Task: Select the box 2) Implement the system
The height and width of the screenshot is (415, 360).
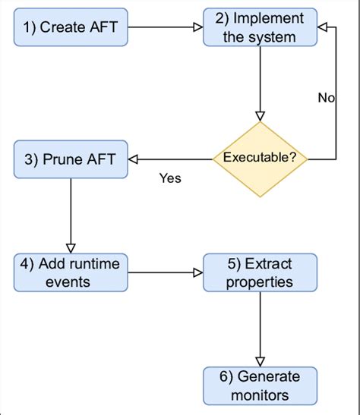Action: point(260,27)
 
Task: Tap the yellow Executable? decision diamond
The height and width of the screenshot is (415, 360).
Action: point(260,159)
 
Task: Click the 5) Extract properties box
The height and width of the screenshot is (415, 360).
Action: point(260,272)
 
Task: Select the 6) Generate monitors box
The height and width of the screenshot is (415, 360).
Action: point(260,385)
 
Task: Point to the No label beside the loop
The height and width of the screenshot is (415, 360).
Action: point(327,98)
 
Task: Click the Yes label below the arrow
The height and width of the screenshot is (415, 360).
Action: point(169,178)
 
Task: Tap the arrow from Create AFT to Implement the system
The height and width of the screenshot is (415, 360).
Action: point(165,27)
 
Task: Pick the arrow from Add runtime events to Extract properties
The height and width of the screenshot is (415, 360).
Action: point(165,272)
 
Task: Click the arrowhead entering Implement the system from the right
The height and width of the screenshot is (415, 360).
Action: point(322,27)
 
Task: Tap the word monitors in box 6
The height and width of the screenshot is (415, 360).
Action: point(260,395)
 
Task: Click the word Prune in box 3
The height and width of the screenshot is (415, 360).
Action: point(60,159)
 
